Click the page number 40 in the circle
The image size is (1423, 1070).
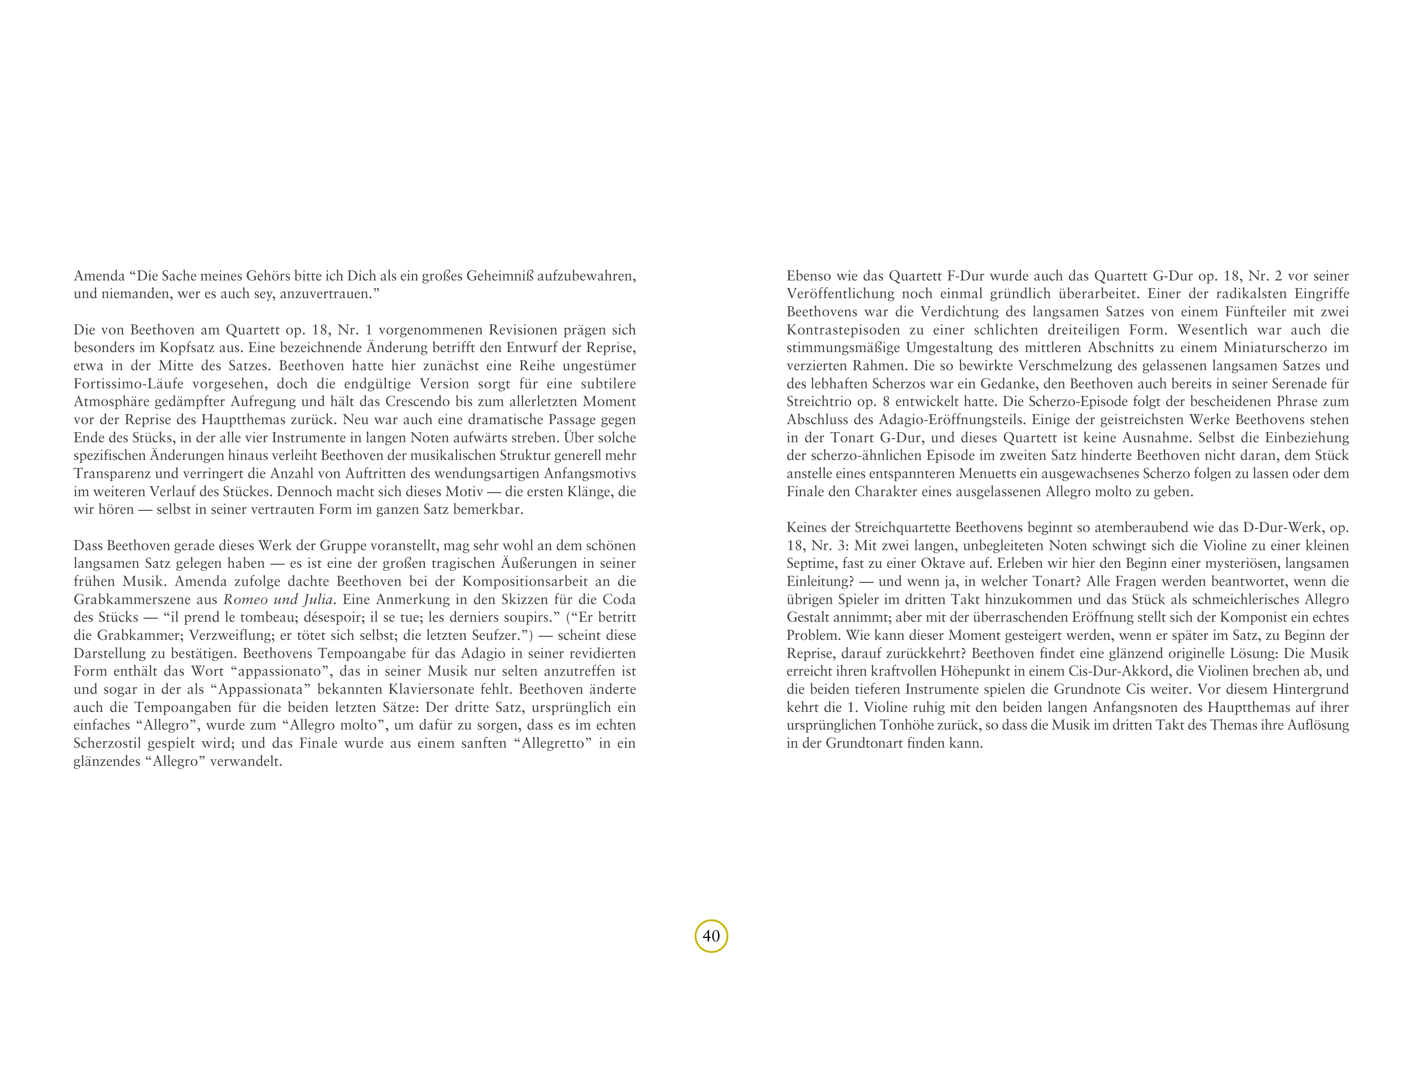point(711,936)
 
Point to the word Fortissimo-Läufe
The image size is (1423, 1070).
point(129,384)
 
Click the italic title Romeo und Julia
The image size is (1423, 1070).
point(279,599)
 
